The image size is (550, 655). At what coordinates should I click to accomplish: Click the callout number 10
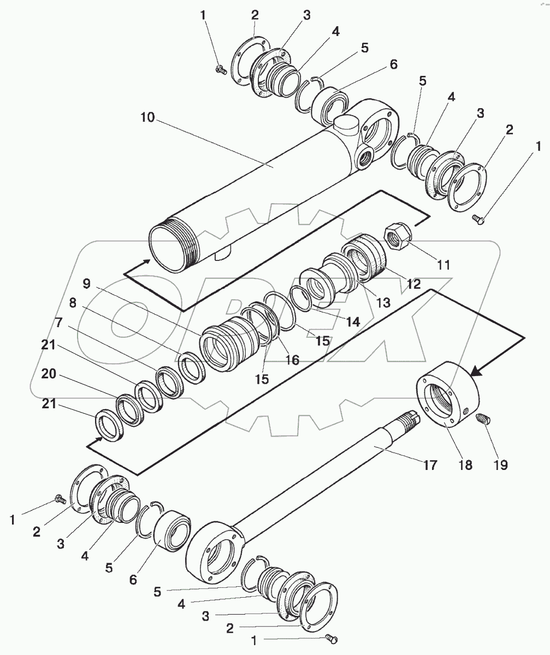coord(147,118)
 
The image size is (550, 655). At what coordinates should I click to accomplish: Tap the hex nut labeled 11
coord(397,239)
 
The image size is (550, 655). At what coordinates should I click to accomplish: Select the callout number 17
coord(430,465)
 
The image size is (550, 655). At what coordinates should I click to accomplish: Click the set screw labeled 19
coord(483,419)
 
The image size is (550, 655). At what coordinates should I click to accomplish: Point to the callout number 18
coord(465,465)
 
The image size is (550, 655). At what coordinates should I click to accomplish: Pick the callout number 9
coord(87,284)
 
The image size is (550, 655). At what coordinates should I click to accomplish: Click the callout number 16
coord(293,360)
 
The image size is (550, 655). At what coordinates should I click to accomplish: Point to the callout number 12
coord(413,284)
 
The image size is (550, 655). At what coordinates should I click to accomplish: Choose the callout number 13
coord(383,303)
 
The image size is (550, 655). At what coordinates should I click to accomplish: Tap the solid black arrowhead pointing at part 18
coord(476,371)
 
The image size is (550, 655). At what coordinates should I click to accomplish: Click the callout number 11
coord(444,265)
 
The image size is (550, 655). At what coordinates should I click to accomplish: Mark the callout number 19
coord(501,465)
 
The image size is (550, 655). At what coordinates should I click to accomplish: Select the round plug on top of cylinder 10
coord(346,124)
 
